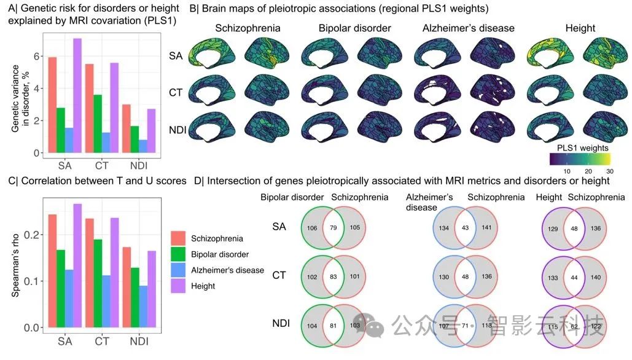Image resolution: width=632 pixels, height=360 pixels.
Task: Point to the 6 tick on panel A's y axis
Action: click(x=36, y=57)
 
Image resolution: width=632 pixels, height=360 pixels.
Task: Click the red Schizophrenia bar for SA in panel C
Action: click(x=52, y=270)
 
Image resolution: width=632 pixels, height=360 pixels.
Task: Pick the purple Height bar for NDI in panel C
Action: click(x=152, y=289)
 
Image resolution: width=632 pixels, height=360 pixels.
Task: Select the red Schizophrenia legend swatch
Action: click(x=178, y=238)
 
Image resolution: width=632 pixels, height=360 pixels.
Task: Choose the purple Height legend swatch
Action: click(x=178, y=286)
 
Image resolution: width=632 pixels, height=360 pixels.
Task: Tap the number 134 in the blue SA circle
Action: click(x=443, y=229)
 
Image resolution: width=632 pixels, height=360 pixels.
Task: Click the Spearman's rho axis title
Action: click(x=16, y=264)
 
